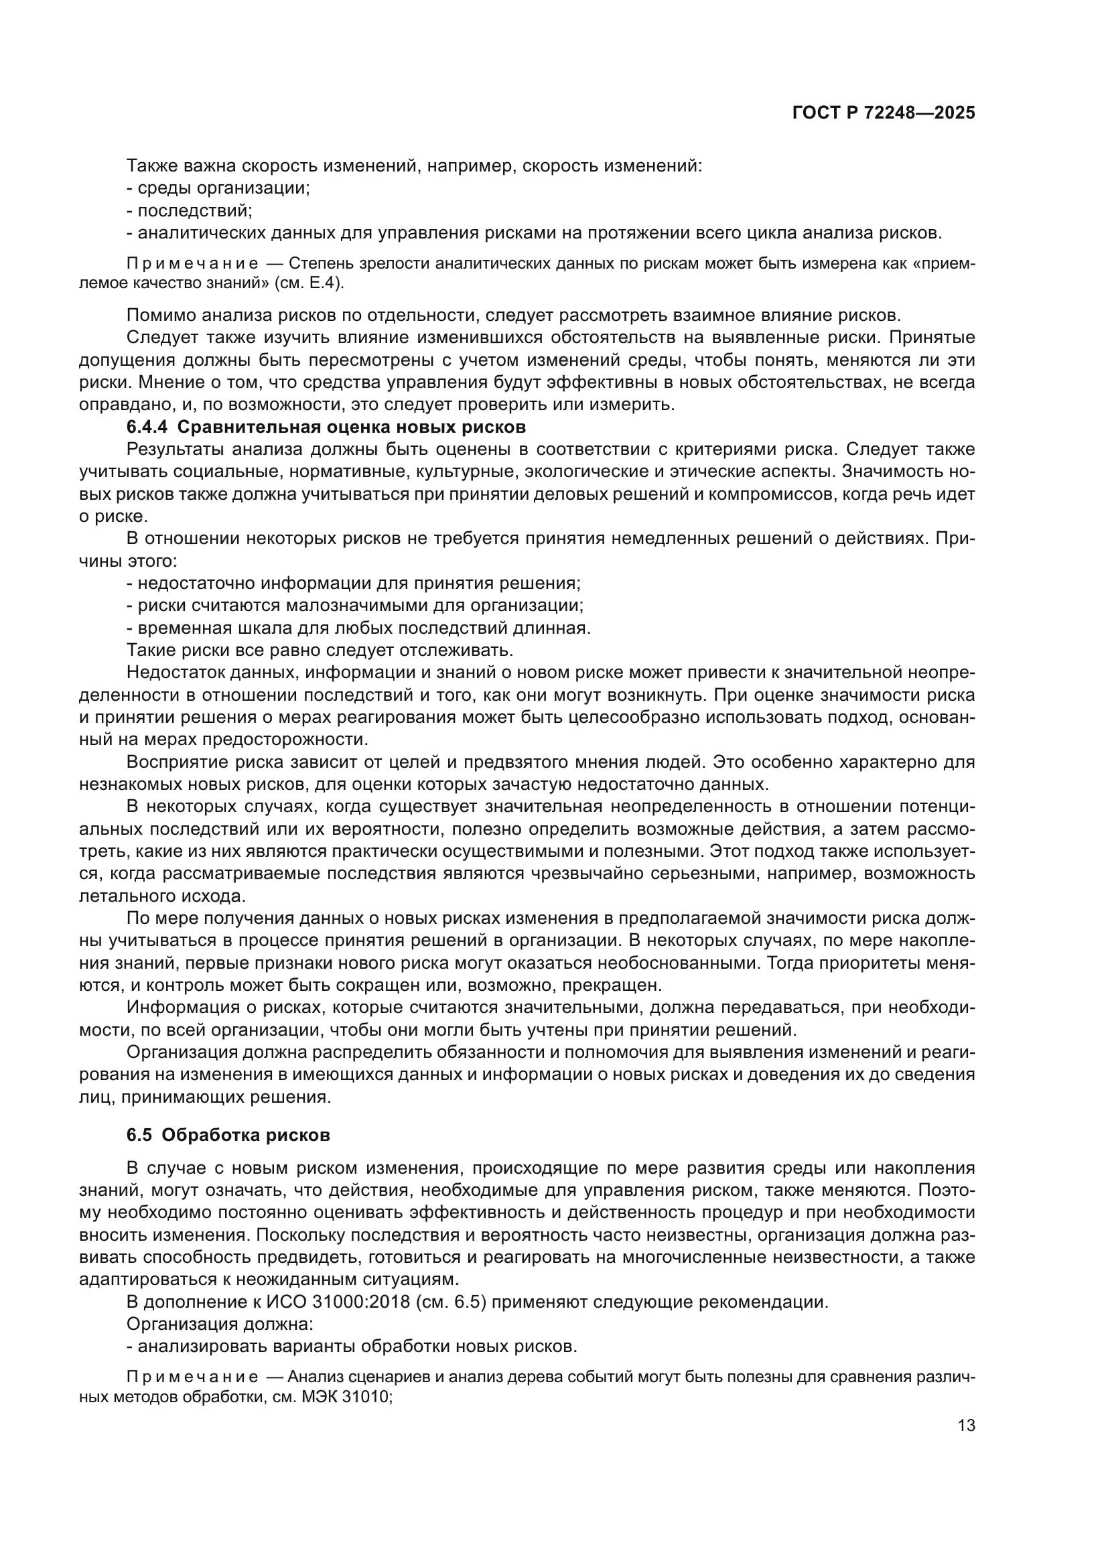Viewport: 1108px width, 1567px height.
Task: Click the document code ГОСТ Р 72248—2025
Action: (x=883, y=113)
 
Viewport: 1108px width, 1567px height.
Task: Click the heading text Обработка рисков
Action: (x=247, y=1135)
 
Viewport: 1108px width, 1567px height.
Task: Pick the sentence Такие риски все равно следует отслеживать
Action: (x=320, y=649)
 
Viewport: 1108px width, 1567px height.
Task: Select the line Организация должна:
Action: (x=220, y=1324)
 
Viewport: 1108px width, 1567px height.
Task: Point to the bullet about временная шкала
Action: (x=358, y=627)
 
